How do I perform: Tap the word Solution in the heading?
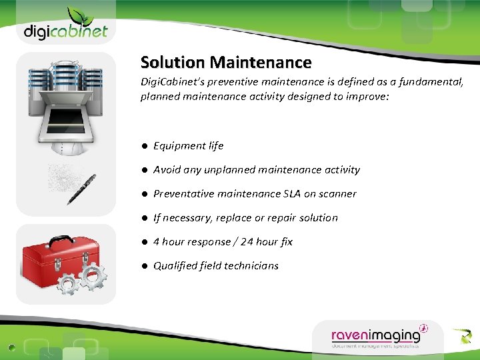pos(173,63)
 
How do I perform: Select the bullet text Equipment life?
pos(189,146)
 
